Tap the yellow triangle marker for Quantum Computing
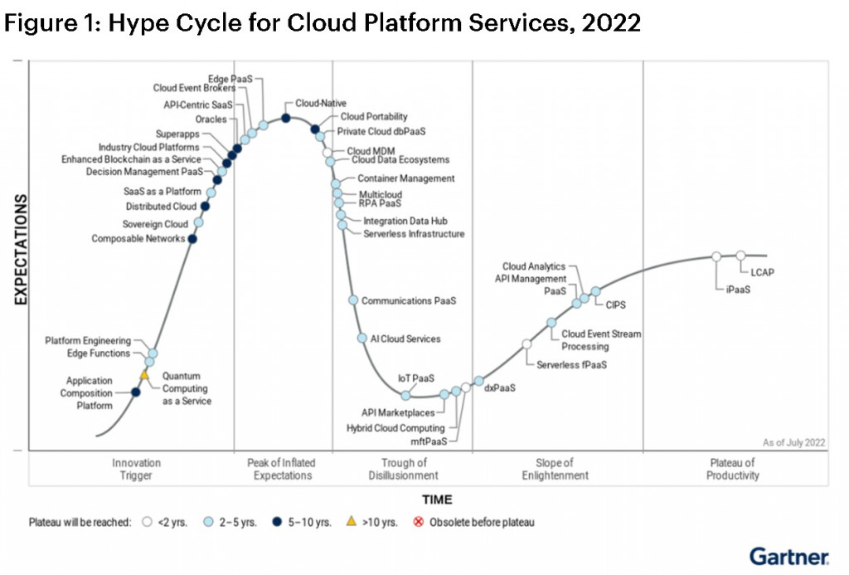(143, 376)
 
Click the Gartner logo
(789, 555)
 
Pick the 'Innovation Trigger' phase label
(136, 469)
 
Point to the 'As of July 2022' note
(794, 442)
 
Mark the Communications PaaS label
(409, 301)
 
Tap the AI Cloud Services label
(405, 339)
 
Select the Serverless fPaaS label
(571, 364)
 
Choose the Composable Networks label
(138, 239)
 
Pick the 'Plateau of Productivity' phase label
(732, 469)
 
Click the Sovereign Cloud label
(155, 224)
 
